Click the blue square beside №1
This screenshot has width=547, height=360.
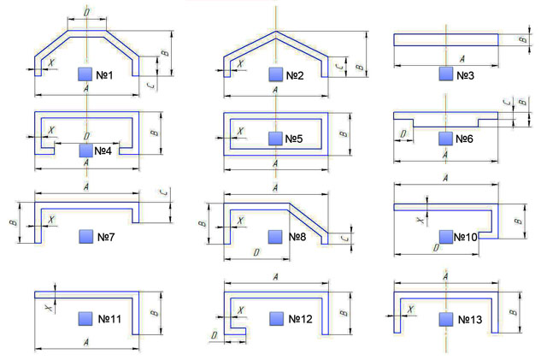click(85, 74)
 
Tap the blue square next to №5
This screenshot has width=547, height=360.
click(274, 138)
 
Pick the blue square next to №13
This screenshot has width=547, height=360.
click(445, 319)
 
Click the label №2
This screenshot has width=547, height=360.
click(296, 75)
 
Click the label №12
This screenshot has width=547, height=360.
click(298, 319)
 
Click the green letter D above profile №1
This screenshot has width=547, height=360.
click(86, 12)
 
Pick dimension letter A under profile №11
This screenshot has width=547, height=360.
click(86, 341)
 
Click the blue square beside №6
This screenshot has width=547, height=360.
click(445, 138)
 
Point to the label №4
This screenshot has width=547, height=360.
click(105, 150)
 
